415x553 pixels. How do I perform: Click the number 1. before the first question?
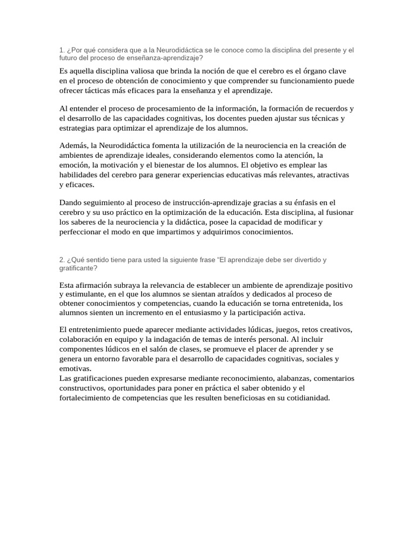62,50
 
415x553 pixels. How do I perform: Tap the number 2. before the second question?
62,260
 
